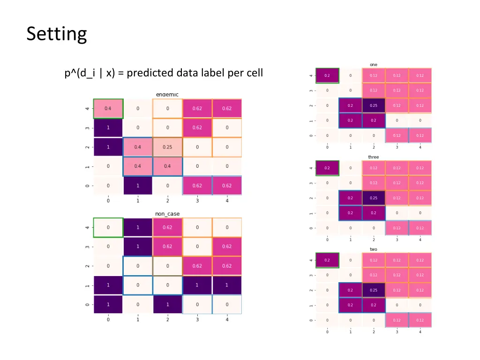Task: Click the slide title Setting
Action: tap(57, 34)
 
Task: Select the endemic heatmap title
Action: tap(167, 95)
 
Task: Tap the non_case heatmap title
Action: tap(167, 214)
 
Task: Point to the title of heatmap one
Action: tap(373, 65)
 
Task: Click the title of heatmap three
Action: tap(373, 157)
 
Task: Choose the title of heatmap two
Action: tap(373, 249)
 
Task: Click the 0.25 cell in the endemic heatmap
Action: tap(167, 147)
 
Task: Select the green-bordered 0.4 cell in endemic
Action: tap(108, 108)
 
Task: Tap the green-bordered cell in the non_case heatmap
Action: tap(108, 227)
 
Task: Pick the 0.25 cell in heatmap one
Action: tap(373, 105)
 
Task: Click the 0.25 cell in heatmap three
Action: tap(373, 198)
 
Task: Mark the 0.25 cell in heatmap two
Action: tap(373, 290)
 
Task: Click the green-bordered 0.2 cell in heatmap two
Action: tap(327, 260)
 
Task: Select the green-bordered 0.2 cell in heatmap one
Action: tap(327, 75)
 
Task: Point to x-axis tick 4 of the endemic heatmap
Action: tap(227, 201)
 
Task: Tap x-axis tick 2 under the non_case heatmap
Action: tap(167, 320)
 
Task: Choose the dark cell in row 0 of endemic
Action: tap(138, 186)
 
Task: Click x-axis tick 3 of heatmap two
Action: tap(397, 332)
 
